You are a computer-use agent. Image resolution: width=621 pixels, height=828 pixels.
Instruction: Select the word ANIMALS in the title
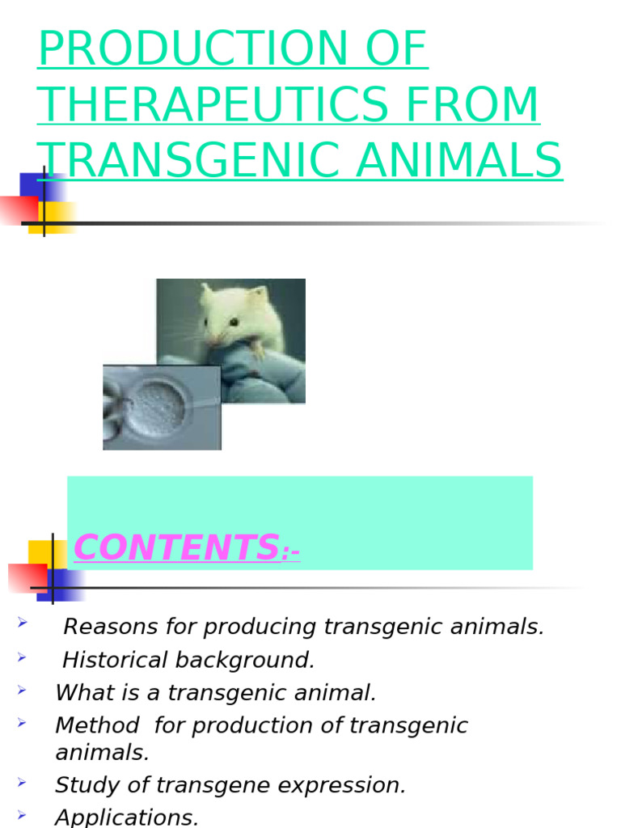459,160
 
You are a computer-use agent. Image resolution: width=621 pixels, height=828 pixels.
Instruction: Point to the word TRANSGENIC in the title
189,160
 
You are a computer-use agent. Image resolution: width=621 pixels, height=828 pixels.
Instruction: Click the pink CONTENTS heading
176,547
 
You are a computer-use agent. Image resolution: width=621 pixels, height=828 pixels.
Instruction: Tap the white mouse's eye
233,322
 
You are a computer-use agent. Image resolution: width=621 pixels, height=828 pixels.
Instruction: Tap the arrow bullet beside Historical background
23,657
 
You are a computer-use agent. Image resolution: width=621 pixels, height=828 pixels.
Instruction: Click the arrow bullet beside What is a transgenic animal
23,691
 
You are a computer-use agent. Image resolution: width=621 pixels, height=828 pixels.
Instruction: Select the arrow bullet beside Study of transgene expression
23,783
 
